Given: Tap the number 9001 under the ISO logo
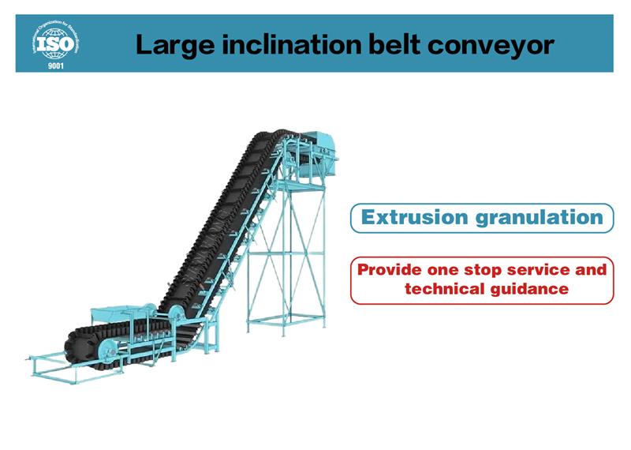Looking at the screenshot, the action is tap(56, 66).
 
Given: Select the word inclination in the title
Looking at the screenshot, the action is tap(292, 44).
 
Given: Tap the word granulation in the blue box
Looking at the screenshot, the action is tap(540, 218).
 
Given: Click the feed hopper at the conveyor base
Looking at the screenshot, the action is tap(119, 313).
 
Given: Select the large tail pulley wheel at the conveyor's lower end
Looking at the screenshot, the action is tap(109, 351).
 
